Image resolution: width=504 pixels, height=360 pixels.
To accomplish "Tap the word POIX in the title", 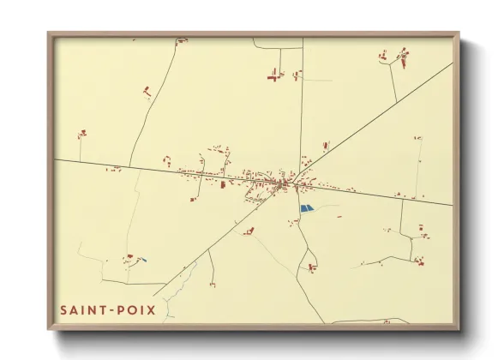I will click(x=137, y=309).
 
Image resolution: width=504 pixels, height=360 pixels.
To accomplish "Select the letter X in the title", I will click(x=152, y=309).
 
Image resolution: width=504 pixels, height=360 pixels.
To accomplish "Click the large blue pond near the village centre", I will click(x=306, y=208).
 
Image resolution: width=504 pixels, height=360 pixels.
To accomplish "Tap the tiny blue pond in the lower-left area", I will click(x=142, y=260).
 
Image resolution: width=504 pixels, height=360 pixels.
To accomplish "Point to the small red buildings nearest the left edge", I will click(x=82, y=133).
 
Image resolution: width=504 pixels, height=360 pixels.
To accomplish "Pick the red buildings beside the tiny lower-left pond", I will click(x=129, y=256).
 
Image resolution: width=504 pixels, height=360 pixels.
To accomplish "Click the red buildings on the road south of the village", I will click(x=312, y=267).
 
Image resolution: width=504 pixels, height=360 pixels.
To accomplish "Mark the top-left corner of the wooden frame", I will click(x=49, y=33).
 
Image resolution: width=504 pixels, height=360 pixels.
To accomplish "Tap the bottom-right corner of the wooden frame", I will click(x=458, y=328).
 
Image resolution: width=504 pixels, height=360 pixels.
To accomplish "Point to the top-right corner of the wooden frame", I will click(x=458, y=33).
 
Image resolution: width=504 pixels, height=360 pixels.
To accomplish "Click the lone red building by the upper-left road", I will click(x=147, y=89).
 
